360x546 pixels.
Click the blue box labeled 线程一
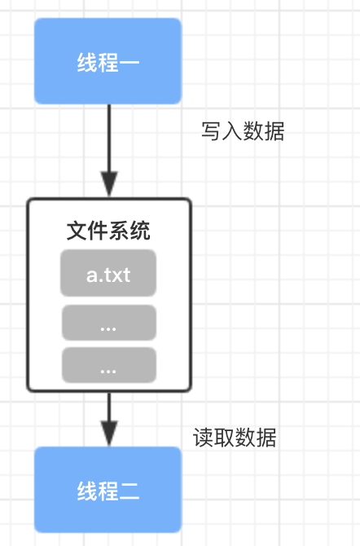click(x=108, y=61)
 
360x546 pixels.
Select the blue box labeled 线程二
click(x=108, y=490)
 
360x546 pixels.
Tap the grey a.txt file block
click(x=108, y=273)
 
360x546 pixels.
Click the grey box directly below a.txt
click(x=109, y=323)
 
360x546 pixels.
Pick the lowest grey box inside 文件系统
click(x=109, y=365)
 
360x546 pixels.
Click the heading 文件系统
click(x=108, y=230)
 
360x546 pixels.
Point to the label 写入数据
click(x=243, y=131)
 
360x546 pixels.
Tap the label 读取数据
click(x=235, y=438)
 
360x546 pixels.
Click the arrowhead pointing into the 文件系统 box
click(x=109, y=183)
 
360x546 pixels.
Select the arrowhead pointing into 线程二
click(x=109, y=434)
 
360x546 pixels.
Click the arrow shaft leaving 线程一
click(x=109, y=138)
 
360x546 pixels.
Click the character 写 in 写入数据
click(x=212, y=131)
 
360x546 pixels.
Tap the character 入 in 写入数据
click(x=232, y=131)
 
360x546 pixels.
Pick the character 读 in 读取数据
click(x=204, y=438)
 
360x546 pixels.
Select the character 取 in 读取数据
click(x=224, y=438)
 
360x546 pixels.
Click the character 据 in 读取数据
click(x=266, y=438)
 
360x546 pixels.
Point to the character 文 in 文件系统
click(x=77, y=230)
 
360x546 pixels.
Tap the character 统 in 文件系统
click(x=140, y=230)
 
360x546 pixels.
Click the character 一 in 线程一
click(x=130, y=63)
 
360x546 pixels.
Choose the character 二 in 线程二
click(x=130, y=491)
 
